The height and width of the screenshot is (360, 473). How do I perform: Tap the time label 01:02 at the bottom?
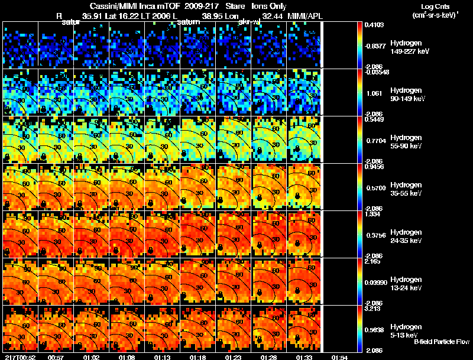coord(91,356)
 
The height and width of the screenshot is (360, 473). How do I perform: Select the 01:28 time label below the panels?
coord(268,356)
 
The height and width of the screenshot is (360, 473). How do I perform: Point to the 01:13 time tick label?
coord(162,356)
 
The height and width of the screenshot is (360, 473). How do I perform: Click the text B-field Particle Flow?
coord(441,342)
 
